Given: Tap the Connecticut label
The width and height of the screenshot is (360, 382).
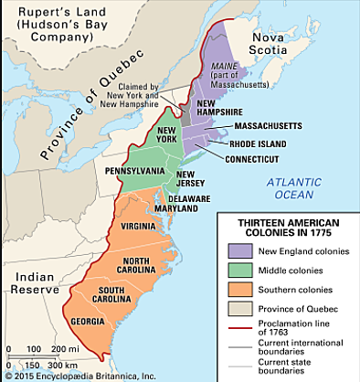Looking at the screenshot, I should click(272, 157).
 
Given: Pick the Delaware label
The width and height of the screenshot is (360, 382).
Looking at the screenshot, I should click(214, 198).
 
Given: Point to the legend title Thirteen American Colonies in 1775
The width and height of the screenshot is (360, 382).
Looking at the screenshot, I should click(286, 227).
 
